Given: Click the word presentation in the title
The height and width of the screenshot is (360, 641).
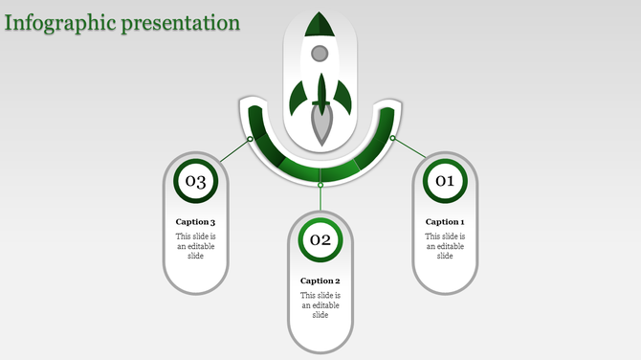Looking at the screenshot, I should (x=182, y=22).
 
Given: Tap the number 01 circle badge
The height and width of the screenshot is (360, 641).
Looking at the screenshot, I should (x=445, y=180).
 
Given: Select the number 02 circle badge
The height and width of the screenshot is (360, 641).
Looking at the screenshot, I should (x=320, y=239).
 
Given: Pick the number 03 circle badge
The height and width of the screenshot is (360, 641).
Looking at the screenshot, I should (x=196, y=180).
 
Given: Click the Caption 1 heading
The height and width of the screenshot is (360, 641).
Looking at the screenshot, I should (x=445, y=222).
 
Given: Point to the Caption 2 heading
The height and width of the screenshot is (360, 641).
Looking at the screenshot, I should (x=320, y=281).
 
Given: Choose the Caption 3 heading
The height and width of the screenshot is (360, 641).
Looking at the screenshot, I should (x=196, y=222).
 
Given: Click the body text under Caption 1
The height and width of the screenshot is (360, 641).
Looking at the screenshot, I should (x=445, y=246).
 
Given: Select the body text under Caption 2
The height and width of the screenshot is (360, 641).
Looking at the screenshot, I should (x=320, y=305).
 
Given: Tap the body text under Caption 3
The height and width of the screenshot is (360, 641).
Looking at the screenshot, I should (x=196, y=246).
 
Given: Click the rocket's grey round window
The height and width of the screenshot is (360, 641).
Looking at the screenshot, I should (x=320, y=54).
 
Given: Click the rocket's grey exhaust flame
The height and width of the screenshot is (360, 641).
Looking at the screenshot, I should (x=320, y=126).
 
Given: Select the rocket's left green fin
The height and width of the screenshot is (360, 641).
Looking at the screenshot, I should (x=298, y=96).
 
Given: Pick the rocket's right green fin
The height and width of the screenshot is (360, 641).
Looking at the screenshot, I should (x=343, y=96).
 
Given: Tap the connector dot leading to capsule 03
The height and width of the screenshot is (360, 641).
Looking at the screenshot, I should (x=251, y=139).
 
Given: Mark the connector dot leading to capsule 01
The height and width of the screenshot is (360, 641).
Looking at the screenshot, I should (x=391, y=138).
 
